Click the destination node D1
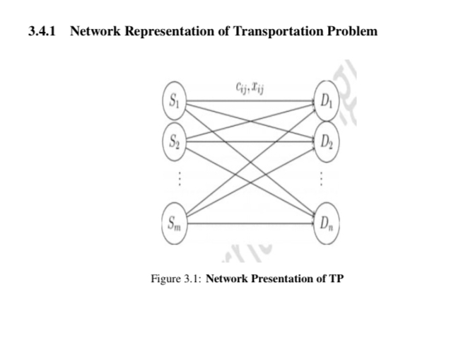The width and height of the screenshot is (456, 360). (x=325, y=99)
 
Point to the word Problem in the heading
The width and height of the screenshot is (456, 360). (x=353, y=32)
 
